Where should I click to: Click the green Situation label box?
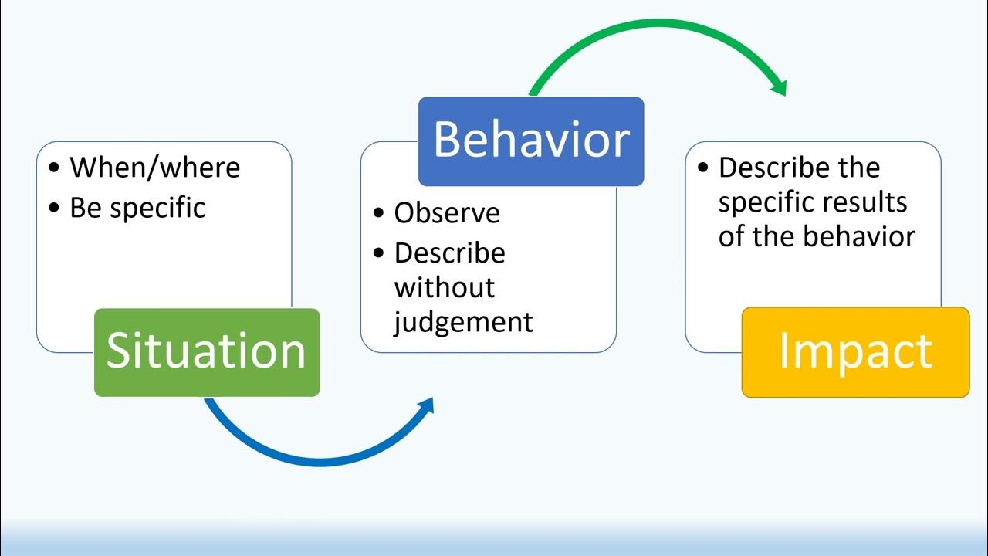point(206,352)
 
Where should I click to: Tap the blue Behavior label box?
point(531,141)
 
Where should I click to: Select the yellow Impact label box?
point(855,352)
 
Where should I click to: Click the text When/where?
point(155,168)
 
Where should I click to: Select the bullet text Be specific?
point(137,208)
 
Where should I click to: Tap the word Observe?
point(447,213)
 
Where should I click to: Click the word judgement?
point(463,321)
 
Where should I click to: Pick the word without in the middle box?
point(444,287)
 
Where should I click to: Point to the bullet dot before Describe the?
point(702,168)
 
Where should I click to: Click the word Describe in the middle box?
point(449,253)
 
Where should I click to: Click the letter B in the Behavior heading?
point(447,141)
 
